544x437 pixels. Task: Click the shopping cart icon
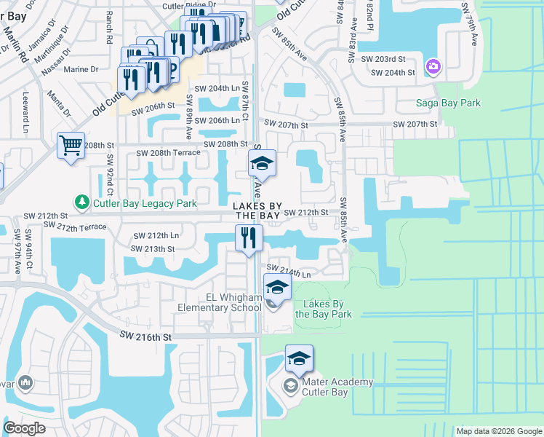71,145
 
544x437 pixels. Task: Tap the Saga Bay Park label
447,103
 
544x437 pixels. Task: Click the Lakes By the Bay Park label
324,309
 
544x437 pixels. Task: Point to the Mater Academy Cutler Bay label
328,387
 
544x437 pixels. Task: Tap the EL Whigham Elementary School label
220,302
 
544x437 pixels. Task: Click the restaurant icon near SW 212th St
248,237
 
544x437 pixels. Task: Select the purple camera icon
433,67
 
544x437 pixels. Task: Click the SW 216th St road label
146,337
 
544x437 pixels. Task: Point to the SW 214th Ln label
292,273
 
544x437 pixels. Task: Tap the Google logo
25,428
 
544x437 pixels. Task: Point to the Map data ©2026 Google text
498,431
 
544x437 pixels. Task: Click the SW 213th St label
153,249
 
